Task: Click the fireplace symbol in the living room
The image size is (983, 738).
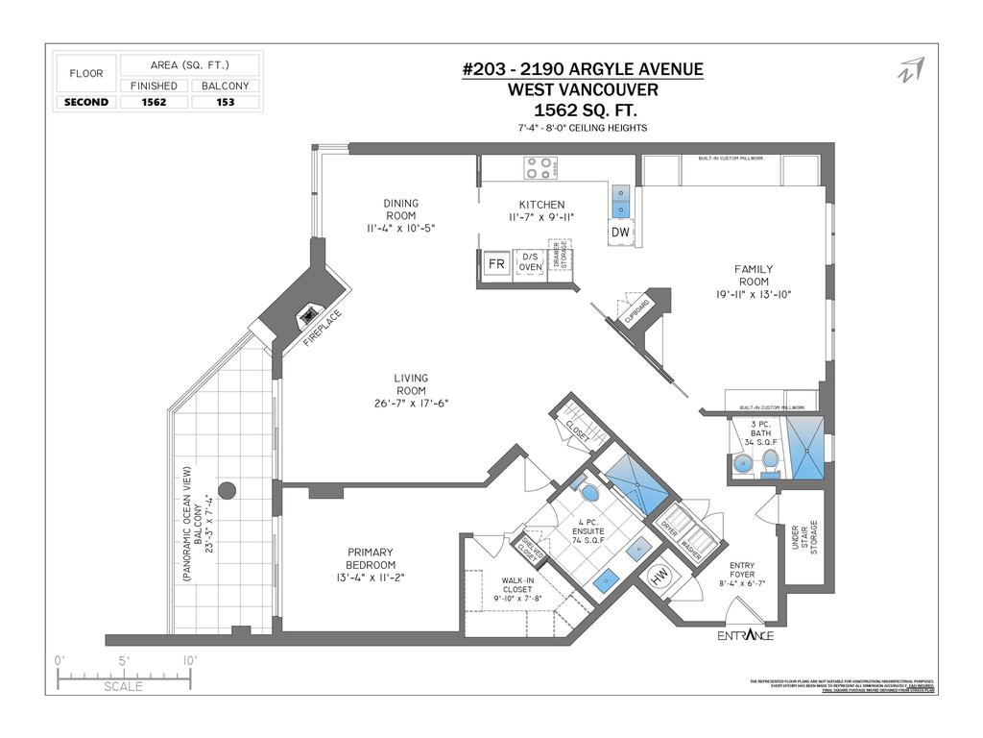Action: click(308, 313)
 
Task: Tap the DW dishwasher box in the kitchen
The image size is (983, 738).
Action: click(620, 233)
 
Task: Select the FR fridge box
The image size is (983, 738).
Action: click(496, 263)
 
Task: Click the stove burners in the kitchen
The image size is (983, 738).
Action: click(540, 168)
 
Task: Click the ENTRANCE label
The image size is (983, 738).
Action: click(745, 636)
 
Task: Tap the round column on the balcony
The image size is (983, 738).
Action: click(228, 490)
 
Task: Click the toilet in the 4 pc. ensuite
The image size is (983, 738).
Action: click(589, 492)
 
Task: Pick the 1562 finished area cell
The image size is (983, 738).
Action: click(154, 102)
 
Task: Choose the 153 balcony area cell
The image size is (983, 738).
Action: click(226, 102)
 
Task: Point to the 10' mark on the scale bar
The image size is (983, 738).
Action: click(189, 661)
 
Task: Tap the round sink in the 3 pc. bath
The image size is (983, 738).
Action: click(742, 465)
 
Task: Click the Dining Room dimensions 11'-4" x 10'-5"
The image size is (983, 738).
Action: click(401, 229)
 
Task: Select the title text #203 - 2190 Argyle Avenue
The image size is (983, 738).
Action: click(583, 69)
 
